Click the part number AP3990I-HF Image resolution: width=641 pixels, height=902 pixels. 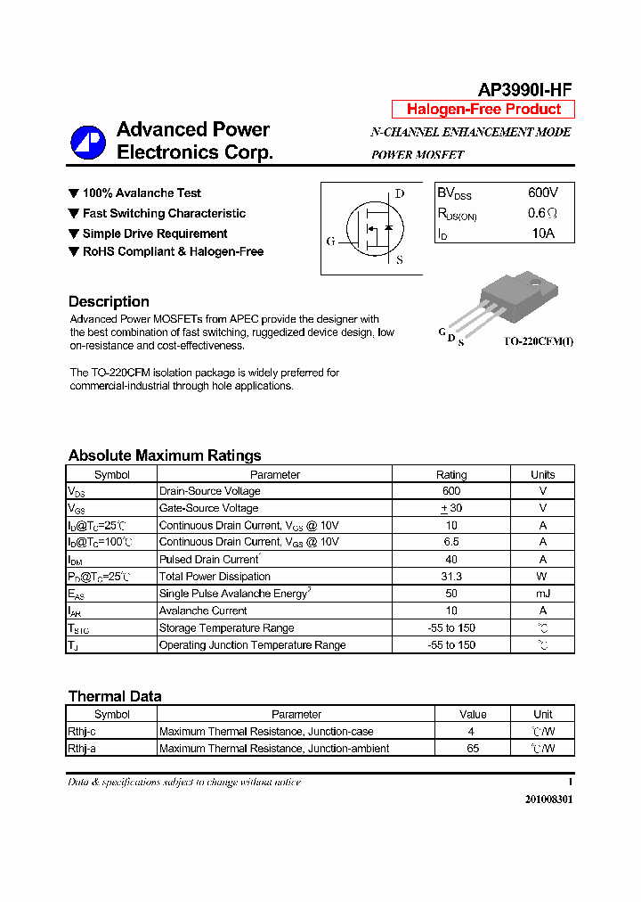point(524,89)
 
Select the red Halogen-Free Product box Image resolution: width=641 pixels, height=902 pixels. point(483,110)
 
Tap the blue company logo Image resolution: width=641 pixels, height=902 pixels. point(89,142)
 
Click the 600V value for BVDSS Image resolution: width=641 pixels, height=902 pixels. point(543,193)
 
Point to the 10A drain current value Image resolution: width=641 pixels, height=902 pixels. point(543,234)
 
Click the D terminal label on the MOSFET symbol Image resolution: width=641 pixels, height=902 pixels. point(400,193)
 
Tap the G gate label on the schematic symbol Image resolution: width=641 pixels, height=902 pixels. point(330,241)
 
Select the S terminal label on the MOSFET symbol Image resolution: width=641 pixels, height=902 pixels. point(399,260)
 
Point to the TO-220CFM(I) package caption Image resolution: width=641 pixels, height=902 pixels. point(539,342)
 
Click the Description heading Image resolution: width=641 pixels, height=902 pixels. point(109,301)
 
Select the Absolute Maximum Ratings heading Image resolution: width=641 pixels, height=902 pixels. point(165,455)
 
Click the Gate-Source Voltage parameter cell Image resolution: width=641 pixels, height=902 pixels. point(208,508)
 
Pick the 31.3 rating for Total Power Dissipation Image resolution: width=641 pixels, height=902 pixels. point(451,577)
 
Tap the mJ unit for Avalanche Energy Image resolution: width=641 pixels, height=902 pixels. point(543,594)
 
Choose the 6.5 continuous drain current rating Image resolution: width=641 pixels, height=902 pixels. point(451,542)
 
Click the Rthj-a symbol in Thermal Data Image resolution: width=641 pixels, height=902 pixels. point(82,749)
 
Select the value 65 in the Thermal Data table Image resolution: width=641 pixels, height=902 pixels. point(473,749)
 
